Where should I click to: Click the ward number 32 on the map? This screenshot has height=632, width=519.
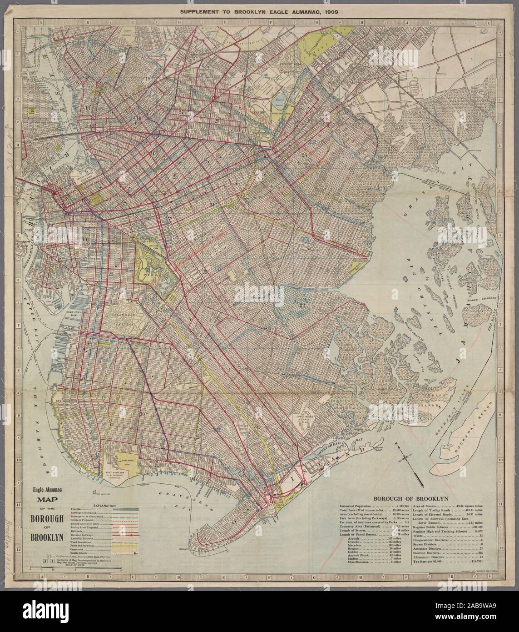pos(302,305)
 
